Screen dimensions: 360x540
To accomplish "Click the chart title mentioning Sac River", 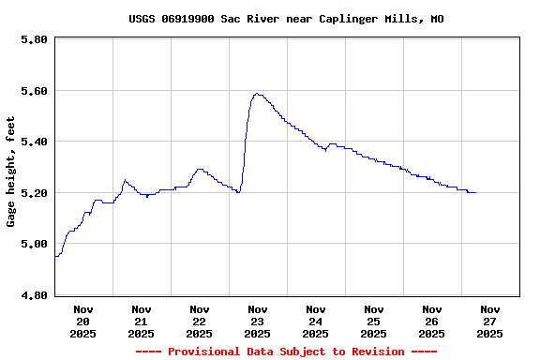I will pos(286,19).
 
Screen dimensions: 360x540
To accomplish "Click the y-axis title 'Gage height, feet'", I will pos(11,172).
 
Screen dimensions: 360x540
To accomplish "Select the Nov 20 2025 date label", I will pos(82,321).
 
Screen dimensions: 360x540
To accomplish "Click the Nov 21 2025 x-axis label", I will pos(141,321).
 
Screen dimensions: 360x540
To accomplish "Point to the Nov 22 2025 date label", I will pos(199,321).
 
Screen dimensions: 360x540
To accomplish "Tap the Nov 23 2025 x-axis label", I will pos(257,321).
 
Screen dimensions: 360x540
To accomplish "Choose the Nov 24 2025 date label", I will pos(315,321).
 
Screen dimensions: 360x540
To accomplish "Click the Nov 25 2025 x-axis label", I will pos(373,321).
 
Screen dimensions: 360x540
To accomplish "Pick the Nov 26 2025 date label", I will pos(431,321).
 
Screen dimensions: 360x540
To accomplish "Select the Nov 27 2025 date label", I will pos(489,321).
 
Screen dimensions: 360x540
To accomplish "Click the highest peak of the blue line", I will pos(257,94).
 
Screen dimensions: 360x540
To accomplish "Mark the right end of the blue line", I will pos(475,192).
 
